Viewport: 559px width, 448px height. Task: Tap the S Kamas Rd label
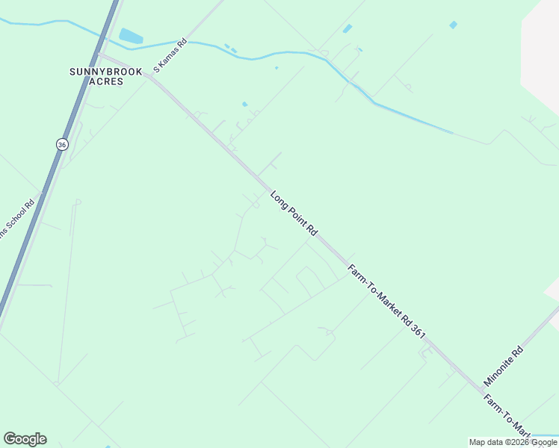[x=169, y=57]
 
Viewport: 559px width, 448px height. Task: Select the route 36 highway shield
[x=61, y=143]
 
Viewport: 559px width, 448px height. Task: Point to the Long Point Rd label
[x=294, y=215]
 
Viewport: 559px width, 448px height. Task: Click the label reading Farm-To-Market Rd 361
[x=386, y=302]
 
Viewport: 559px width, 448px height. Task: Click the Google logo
[x=25, y=439]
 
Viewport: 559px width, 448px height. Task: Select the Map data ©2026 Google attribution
[x=513, y=442]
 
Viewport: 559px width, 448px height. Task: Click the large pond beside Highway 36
[x=130, y=36]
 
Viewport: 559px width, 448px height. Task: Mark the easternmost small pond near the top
[x=453, y=25]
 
